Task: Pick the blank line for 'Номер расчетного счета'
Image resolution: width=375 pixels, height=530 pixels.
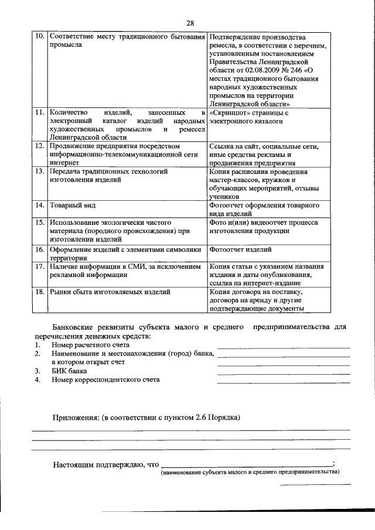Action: (x=283, y=347)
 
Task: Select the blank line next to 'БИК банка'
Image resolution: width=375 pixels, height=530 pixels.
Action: (x=283, y=372)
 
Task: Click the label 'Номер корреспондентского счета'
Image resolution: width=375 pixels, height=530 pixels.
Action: (x=105, y=380)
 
